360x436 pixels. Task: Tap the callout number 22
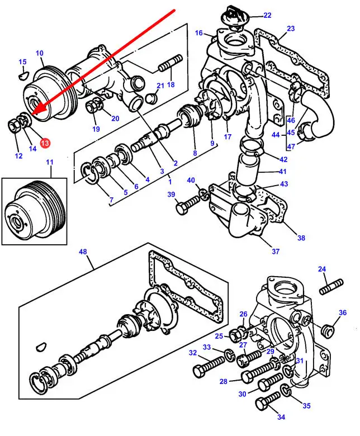[267, 15]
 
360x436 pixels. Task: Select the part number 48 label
[83, 252]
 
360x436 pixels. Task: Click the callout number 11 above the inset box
[50, 163]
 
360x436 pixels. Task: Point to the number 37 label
[276, 252]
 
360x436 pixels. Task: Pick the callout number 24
[322, 269]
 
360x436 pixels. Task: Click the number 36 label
[343, 312]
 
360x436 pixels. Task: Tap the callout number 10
[40, 54]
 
